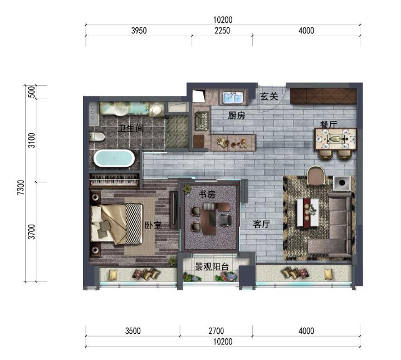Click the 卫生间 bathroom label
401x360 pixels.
131,128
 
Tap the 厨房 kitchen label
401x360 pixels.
237,116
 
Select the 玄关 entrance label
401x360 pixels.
269,96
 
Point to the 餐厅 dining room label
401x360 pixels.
329,124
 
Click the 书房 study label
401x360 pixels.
207,194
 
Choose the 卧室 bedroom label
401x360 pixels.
153,225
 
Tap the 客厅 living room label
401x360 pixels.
262,224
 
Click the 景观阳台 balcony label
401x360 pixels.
212,266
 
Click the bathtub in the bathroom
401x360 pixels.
114,159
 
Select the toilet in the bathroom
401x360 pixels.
97,137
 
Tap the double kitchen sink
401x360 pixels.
232,97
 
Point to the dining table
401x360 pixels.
335,139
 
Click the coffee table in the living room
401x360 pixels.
307,212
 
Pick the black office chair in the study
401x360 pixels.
226,220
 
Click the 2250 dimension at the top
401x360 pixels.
222,31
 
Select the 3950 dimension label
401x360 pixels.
139,31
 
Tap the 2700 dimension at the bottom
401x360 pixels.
216,331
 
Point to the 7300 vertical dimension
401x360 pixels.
21,187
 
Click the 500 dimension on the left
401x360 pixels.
31,92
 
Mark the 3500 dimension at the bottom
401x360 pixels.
133,331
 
